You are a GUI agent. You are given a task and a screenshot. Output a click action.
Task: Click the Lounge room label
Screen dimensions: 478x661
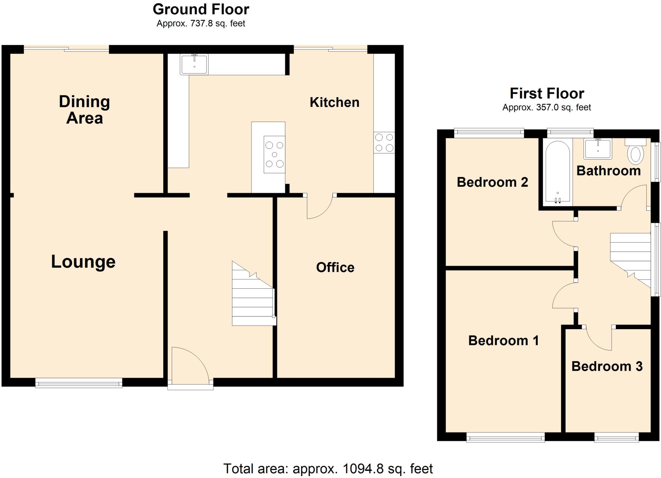pos(83,262)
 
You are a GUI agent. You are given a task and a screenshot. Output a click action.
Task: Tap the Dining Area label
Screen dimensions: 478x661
pos(85,110)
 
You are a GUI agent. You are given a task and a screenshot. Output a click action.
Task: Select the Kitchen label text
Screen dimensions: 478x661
pos(334,102)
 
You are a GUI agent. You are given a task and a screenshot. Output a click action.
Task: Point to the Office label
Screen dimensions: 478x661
pos(335,267)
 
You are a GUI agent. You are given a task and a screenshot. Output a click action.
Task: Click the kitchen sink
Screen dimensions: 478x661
pos(194,64)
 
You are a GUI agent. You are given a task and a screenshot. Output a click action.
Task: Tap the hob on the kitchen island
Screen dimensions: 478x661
pos(274,154)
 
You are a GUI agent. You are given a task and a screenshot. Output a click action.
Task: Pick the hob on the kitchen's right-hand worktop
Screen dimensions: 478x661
pos(384,142)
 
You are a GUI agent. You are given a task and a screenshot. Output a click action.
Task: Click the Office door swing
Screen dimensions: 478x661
pos(318,207)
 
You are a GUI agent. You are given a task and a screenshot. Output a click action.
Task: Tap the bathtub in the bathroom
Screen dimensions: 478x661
pos(557,172)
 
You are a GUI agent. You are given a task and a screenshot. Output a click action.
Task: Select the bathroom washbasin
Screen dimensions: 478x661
pos(598,149)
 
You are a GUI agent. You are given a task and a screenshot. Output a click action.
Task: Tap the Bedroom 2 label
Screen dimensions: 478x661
pos(492,182)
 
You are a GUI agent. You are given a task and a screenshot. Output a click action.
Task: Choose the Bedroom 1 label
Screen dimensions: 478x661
pos(503,340)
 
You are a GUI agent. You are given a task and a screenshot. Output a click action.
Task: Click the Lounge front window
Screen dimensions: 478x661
pos(79,383)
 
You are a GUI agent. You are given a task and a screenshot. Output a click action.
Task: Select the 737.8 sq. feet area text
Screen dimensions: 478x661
pos(201,24)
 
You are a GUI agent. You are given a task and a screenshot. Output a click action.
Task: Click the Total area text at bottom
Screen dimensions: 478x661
pos(328,468)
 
